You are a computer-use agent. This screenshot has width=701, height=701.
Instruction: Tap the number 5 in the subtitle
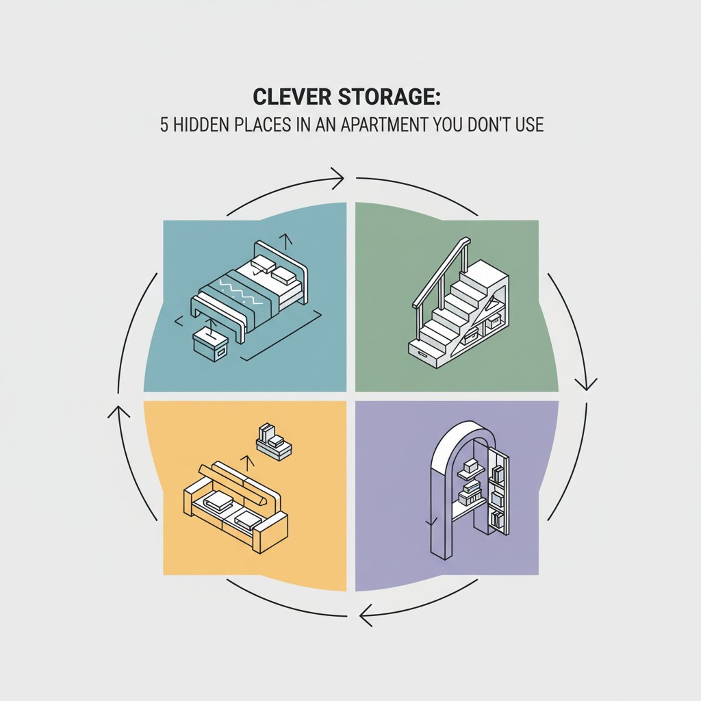tap(164, 125)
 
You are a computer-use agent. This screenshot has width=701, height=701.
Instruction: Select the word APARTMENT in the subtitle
tap(385, 125)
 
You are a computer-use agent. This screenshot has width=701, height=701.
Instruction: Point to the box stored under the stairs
tap(493, 321)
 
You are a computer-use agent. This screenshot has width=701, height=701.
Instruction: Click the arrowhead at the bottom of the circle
tap(367, 615)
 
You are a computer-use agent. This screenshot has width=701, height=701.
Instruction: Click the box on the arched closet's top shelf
tap(470, 467)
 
